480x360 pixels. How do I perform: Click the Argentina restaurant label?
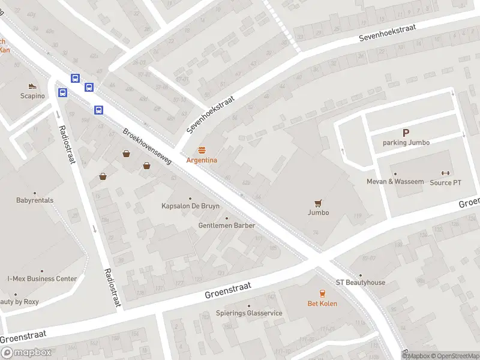202,160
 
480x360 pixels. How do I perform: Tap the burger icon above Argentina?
202,150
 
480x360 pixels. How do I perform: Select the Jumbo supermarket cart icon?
319,203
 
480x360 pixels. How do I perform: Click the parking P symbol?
406,133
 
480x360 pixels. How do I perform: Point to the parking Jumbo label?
406,143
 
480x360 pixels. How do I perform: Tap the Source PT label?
445,182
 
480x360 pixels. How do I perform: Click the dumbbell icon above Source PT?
445,173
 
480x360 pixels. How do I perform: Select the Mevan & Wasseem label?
395,182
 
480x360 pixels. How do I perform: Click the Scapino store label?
32,96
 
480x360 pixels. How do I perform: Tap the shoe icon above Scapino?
32,86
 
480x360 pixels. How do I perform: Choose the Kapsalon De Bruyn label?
190,206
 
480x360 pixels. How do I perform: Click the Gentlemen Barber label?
227,226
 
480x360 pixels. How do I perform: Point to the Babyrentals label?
35,200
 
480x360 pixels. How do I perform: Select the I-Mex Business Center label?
42,278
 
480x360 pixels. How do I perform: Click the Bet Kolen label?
322,304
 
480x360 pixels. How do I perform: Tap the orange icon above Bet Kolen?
322,293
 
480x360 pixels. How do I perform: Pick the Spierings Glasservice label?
249,313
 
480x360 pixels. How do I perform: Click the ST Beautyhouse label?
361,283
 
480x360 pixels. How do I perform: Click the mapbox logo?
26,353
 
